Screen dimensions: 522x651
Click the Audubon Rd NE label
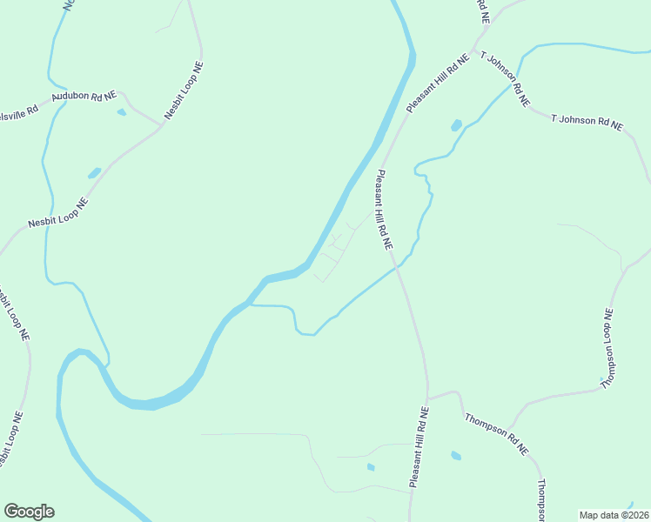84,97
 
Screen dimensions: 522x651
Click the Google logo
29,512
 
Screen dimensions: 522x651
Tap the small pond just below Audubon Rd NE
122,112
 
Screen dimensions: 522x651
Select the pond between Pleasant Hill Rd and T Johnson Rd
455,125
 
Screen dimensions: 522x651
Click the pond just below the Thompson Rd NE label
456,455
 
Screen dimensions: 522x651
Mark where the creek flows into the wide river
251,304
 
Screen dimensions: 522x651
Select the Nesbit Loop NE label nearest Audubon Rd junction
184,90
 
